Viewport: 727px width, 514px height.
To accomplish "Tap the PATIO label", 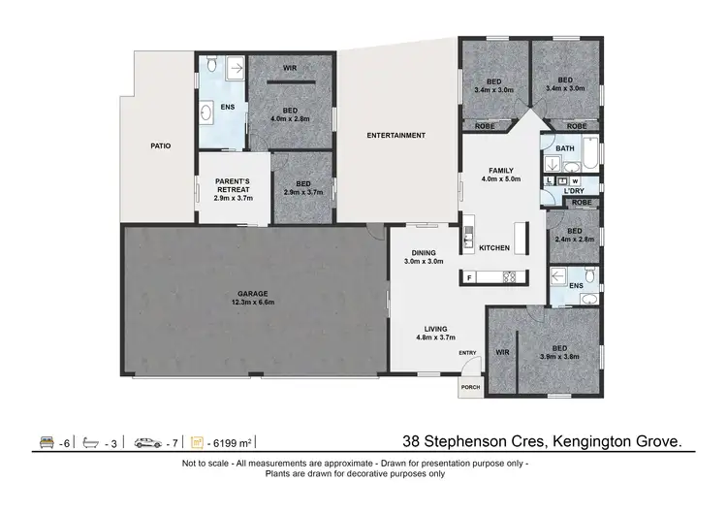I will (161, 146).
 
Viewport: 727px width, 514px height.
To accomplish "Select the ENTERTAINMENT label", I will (395, 136).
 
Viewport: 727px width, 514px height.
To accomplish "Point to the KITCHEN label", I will (494, 248).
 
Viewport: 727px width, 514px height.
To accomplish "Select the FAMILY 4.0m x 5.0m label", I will (501, 175).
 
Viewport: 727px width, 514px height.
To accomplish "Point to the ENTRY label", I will (467, 352).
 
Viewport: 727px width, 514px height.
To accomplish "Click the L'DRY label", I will (572, 191).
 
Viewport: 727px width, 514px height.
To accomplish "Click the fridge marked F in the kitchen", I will (470, 277).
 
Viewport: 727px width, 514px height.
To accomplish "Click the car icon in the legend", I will (147, 442).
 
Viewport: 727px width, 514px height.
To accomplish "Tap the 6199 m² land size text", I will (233, 443).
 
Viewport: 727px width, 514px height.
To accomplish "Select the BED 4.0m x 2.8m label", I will (290, 114).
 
